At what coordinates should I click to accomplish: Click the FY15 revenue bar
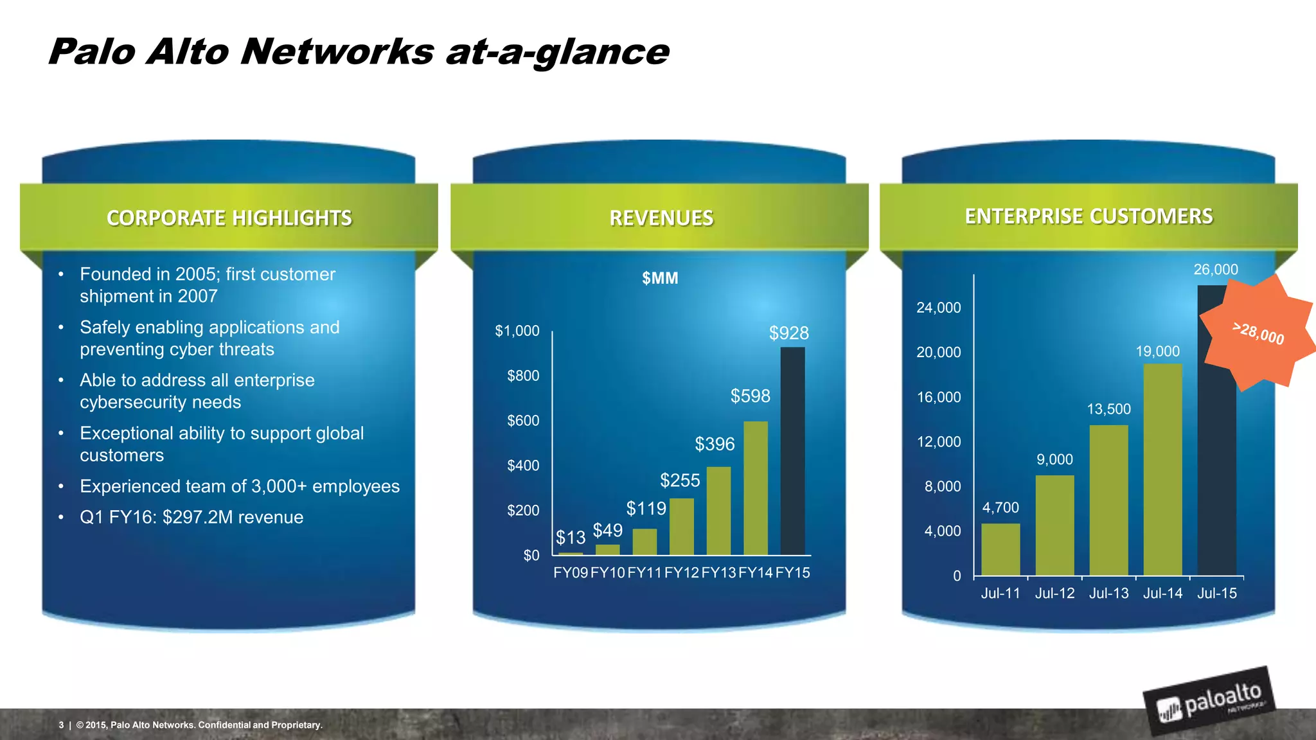point(792,451)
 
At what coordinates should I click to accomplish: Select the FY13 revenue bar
point(718,511)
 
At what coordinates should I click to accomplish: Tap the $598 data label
point(750,396)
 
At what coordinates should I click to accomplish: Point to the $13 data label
point(571,537)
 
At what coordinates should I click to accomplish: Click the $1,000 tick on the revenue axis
point(517,331)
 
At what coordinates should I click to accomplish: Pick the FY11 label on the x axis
point(645,573)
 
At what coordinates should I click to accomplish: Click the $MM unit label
point(660,278)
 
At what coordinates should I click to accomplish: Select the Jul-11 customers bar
point(1000,549)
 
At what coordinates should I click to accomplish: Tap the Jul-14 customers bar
point(1162,469)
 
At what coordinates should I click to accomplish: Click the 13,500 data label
point(1108,409)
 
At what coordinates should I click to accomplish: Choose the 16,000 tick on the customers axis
point(939,397)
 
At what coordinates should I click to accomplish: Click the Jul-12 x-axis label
point(1054,594)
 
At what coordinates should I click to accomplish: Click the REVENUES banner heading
point(661,218)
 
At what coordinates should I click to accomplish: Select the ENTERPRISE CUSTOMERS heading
point(1089,216)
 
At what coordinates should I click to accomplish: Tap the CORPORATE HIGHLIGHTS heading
point(229,218)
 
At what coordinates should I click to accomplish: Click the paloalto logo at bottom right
point(1209,701)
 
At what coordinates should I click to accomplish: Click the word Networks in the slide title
point(337,51)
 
